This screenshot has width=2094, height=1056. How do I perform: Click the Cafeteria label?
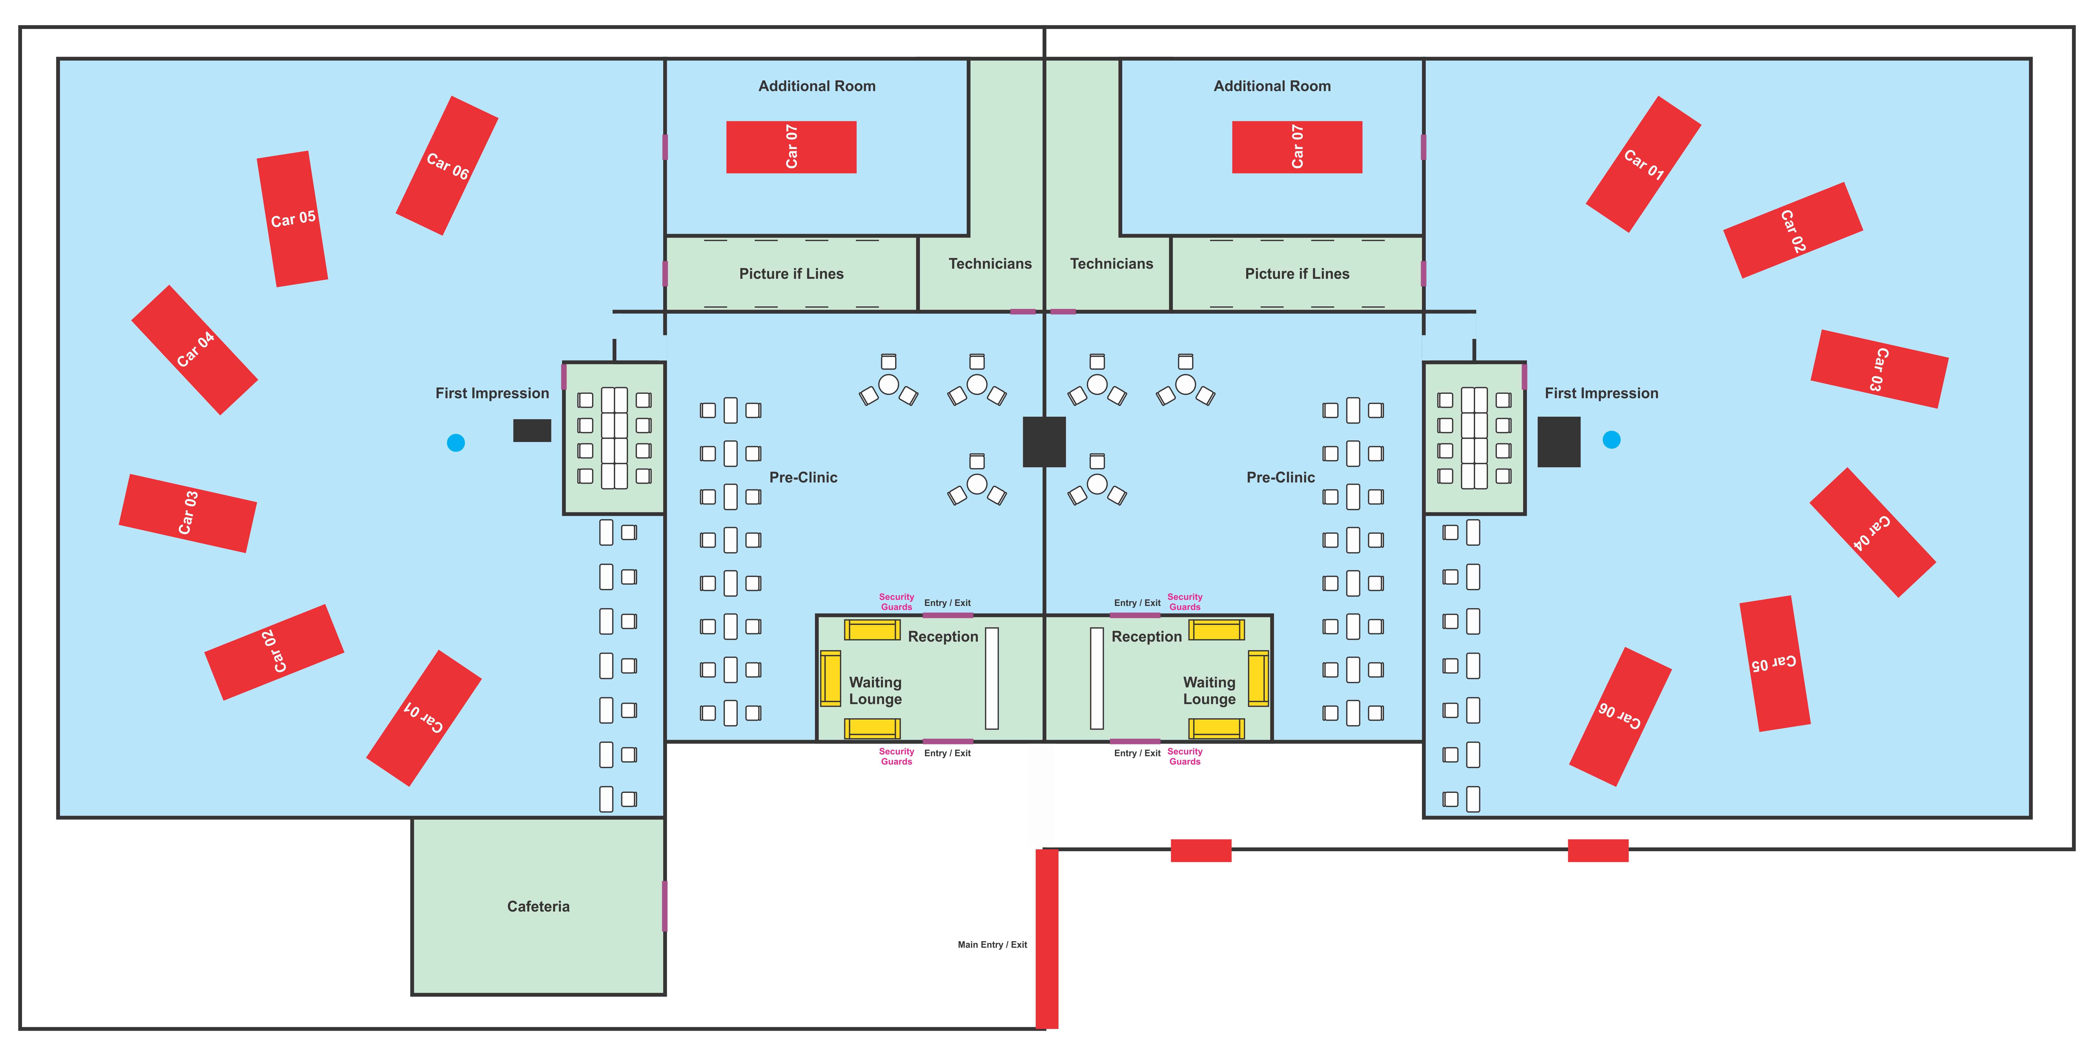click(x=538, y=906)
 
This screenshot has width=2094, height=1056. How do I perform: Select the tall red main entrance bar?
click(x=1047, y=939)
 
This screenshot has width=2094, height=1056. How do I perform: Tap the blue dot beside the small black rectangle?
click(x=456, y=442)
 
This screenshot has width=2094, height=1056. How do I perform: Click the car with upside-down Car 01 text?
click(x=423, y=718)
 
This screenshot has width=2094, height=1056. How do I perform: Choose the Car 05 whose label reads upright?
click(x=293, y=219)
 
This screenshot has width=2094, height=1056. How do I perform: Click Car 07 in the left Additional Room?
click(x=791, y=147)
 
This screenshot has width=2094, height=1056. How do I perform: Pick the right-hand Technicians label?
click(x=1111, y=263)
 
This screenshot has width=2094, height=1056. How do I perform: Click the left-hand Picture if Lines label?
click(x=791, y=274)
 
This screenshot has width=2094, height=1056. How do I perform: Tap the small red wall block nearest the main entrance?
click(x=1201, y=850)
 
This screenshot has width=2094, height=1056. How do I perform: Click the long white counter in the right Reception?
click(x=1097, y=678)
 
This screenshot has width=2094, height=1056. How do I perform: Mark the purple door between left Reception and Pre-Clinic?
click(x=948, y=615)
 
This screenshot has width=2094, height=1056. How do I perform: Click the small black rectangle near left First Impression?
click(x=532, y=431)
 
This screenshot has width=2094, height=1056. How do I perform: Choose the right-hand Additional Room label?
click(x=1272, y=86)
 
